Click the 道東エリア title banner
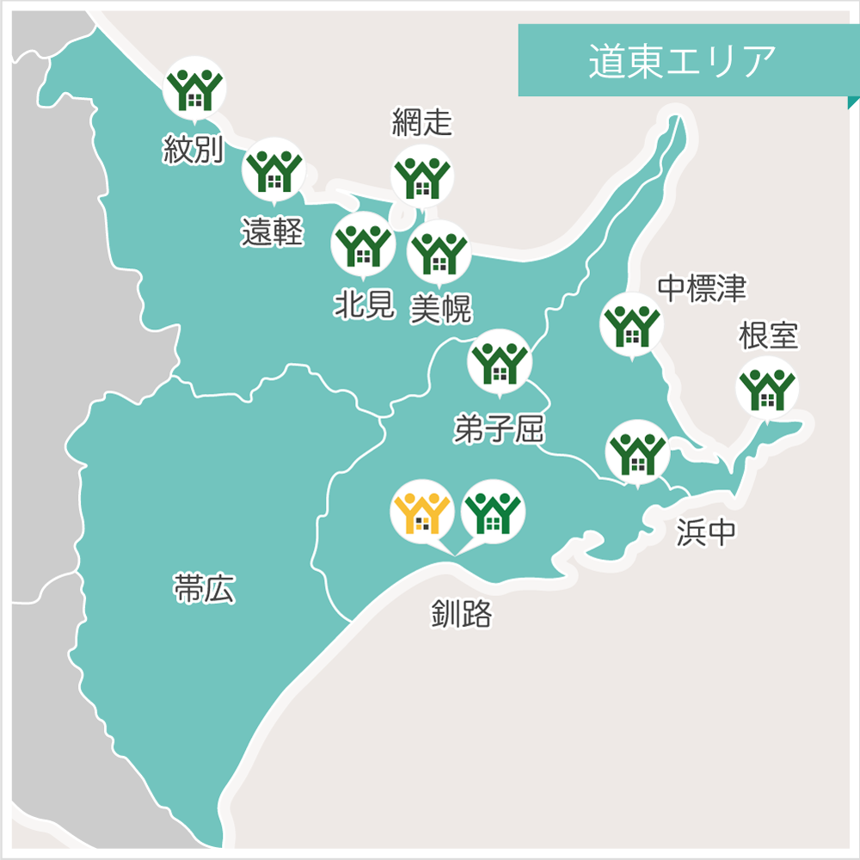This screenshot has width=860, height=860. coord(684,61)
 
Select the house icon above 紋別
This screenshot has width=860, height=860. coord(193,87)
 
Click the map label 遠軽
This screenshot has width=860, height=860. coord(273,231)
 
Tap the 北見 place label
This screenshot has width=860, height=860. coord(364,305)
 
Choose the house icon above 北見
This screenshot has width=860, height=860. coord(362,243)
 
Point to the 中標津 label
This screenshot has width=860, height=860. coord(701,289)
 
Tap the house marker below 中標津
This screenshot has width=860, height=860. coord(631,325)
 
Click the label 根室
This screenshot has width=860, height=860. coord(768,336)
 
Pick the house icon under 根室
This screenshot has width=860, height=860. coord(767,388)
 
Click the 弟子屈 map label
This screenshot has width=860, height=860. coord(499,427)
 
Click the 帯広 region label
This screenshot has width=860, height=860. coord(204,591)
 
